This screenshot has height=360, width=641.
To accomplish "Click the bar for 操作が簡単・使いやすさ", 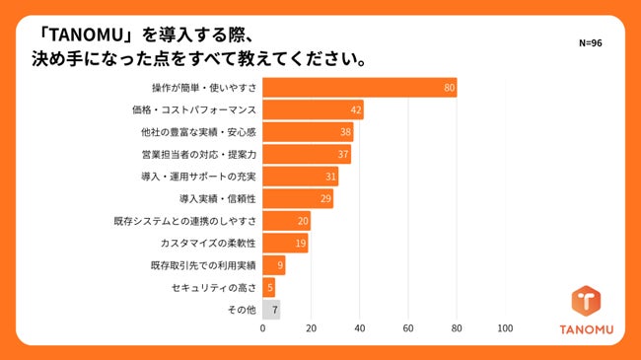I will [360, 88].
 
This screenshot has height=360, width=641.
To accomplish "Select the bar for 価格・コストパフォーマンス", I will [314, 110].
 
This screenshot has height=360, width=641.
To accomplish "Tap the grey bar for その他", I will [271, 310].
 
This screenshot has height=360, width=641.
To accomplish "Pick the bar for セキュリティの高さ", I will [268, 287].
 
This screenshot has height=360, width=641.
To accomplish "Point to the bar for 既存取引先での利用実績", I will [273, 265].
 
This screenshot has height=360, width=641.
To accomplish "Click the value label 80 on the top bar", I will [449, 88].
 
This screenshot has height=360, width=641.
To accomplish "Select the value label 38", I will [346, 132].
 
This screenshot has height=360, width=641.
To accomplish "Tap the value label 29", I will [324, 199].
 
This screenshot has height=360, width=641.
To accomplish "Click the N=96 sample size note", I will [591, 44].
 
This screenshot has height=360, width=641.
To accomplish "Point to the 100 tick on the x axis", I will [506, 329].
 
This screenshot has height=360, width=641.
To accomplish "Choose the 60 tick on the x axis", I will [408, 329].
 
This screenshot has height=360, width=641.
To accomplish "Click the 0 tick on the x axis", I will [262, 329].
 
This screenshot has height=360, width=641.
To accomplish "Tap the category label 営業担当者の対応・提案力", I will [199, 155].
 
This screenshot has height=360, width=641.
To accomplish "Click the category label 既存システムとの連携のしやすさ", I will [185, 221].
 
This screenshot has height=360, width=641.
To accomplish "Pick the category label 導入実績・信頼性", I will [218, 199].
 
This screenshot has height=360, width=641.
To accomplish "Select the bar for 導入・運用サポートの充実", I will [300, 177].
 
